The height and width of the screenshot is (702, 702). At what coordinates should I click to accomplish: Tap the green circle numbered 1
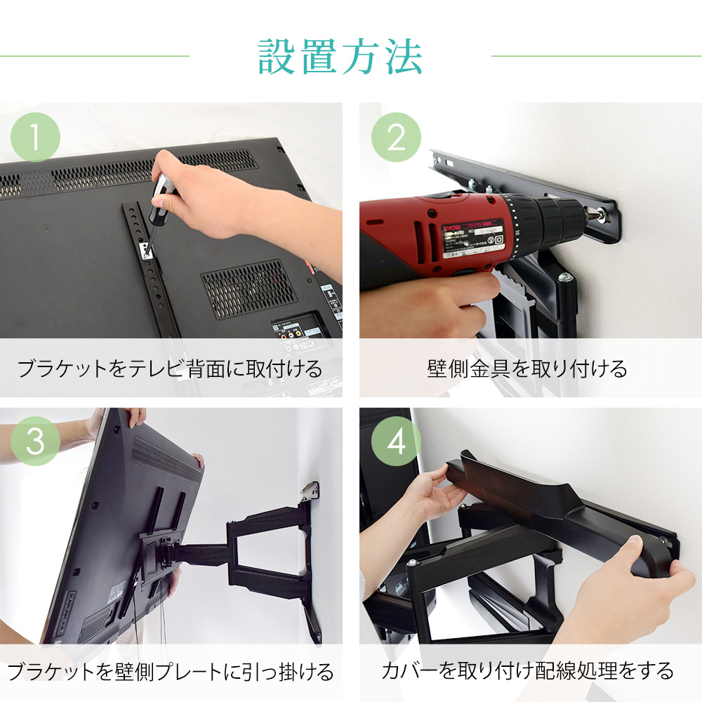[35, 137]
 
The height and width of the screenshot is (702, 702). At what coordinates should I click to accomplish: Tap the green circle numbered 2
[397, 137]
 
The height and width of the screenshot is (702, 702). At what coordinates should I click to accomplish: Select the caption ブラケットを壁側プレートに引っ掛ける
[171, 673]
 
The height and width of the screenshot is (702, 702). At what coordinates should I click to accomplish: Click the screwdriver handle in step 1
[160, 193]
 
